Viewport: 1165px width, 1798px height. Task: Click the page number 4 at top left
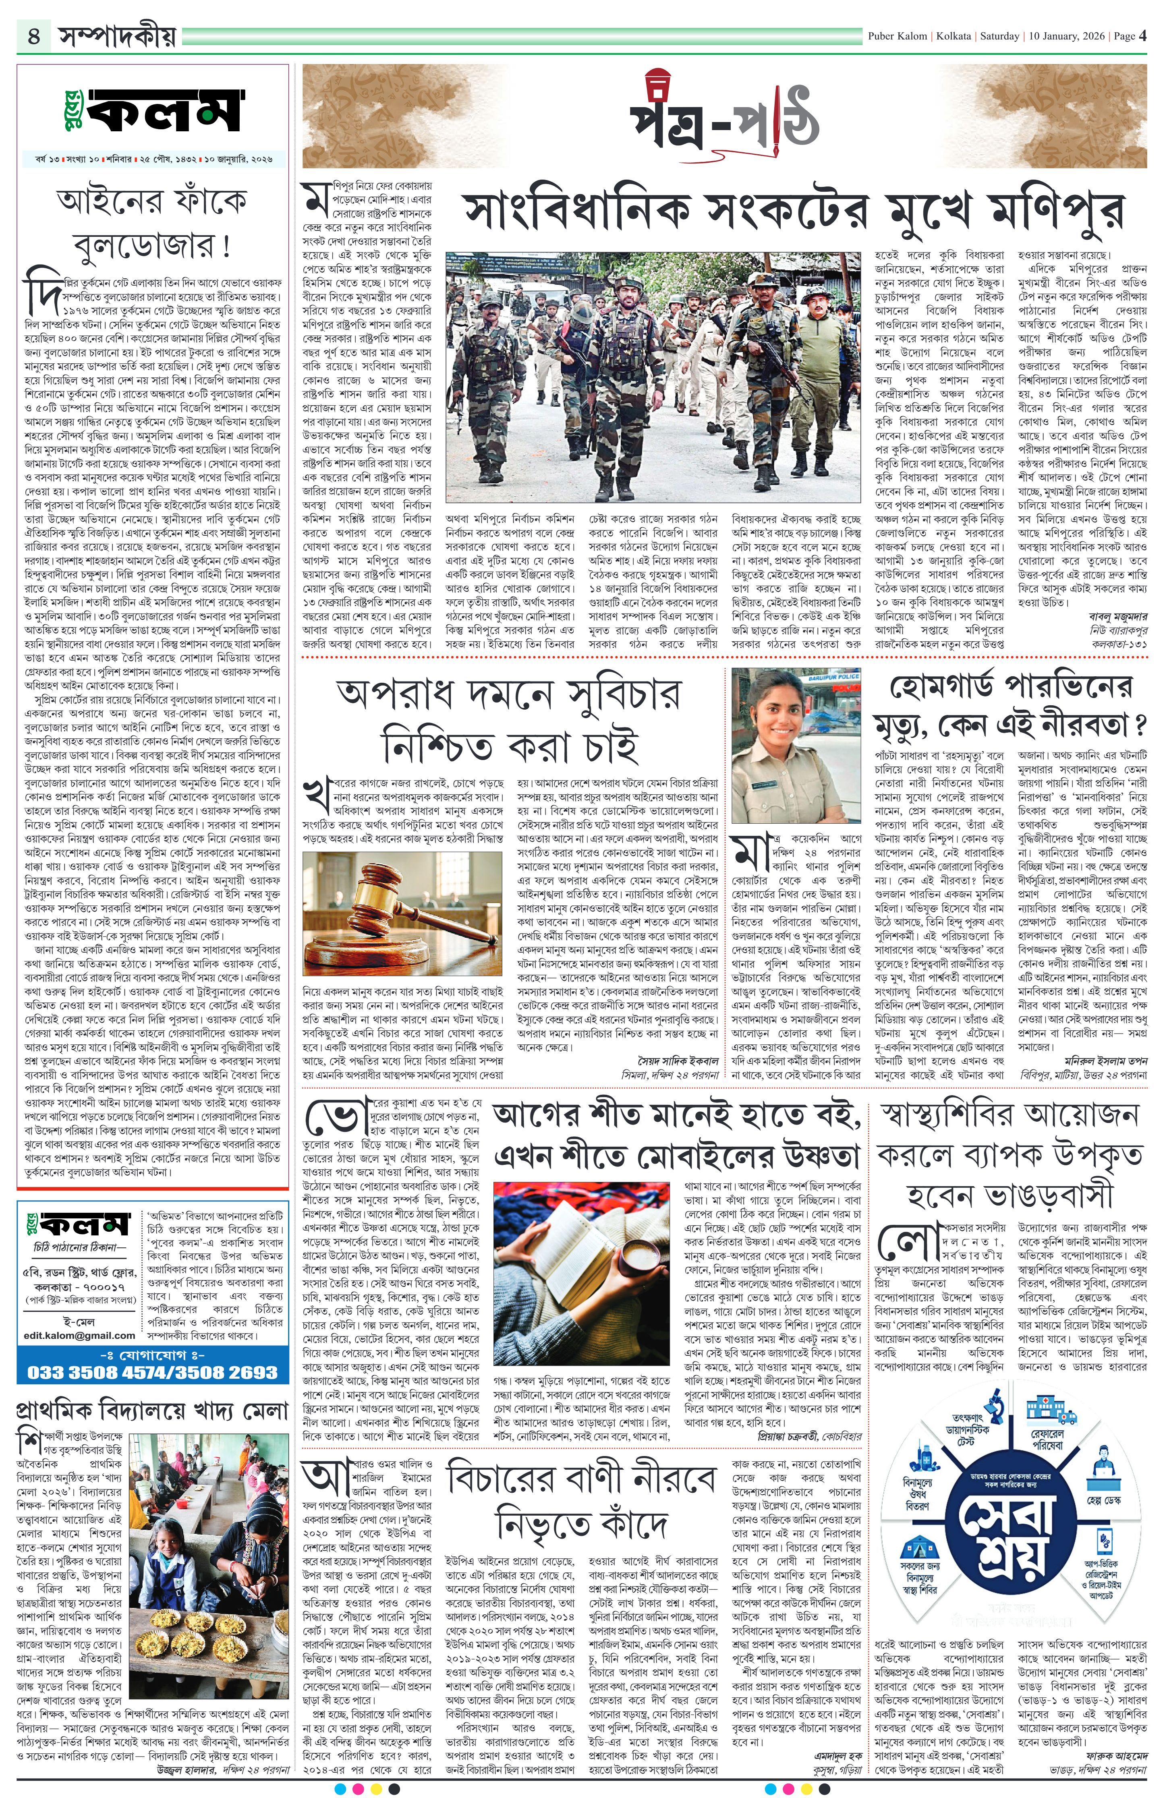pyautogui.click(x=34, y=36)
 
